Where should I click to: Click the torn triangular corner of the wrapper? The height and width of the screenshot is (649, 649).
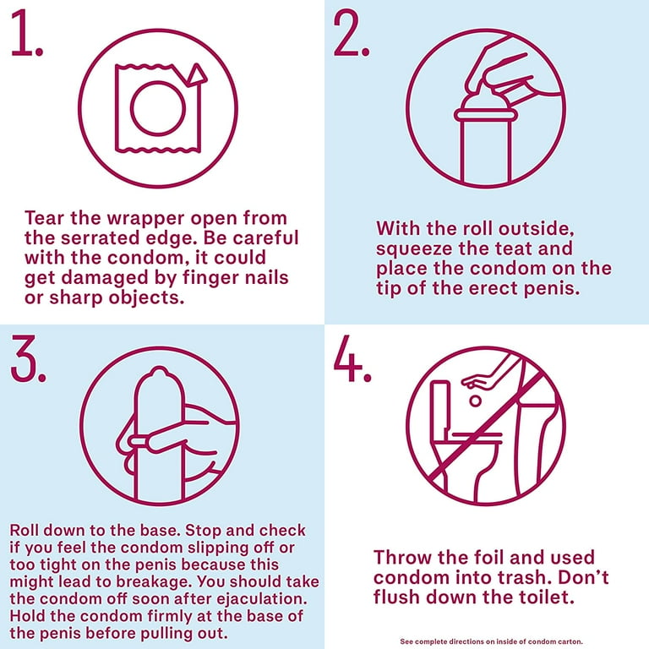click(x=195, y=75)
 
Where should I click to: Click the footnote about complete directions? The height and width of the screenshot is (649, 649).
click(x=491, y=642)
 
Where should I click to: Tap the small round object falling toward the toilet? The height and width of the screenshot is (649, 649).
click(x=476, y=401)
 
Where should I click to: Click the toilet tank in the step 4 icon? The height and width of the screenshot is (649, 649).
click(x=440, y=406)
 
